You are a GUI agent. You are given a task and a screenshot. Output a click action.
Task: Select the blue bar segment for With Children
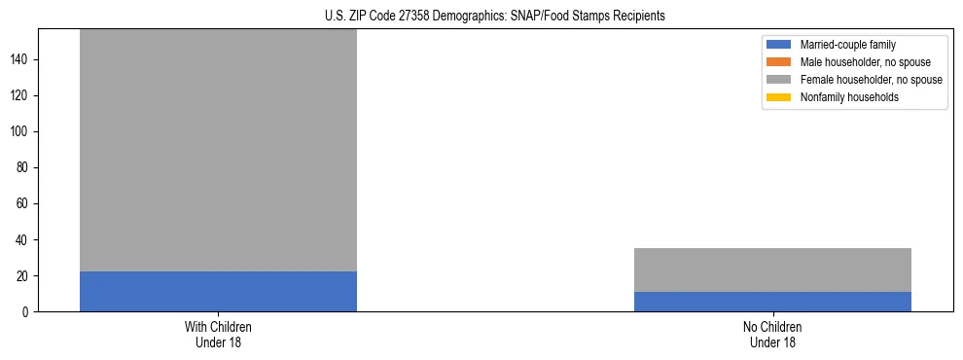218,292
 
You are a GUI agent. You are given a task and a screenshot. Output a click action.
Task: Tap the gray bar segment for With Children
218,151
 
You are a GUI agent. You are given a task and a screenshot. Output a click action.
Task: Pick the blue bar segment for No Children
772,302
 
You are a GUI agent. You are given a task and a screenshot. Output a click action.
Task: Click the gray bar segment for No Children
772,270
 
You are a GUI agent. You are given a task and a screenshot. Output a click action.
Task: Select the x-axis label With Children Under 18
218,335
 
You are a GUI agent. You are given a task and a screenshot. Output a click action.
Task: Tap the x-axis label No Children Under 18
772,335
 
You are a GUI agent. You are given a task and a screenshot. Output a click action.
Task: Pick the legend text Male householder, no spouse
856,62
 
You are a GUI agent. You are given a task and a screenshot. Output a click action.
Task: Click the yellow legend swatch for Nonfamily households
779,97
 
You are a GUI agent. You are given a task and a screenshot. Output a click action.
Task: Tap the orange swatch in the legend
779,62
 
